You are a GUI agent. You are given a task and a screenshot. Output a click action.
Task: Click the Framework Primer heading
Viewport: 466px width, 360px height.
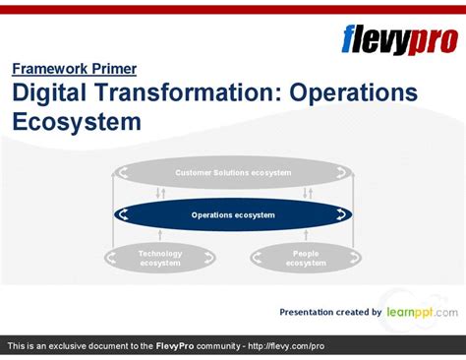pos(74,69)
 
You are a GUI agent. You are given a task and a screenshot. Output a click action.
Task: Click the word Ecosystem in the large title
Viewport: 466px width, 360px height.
pos(77,122)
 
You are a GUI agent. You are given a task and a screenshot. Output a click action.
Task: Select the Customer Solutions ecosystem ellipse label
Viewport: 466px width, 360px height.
pos(233,173)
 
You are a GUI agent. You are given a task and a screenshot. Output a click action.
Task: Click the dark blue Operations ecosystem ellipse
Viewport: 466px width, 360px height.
pos(233,214)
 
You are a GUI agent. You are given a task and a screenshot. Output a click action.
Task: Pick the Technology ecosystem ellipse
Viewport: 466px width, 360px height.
pos(160,258)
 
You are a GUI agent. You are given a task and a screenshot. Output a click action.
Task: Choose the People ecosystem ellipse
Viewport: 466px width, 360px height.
pos(306,258)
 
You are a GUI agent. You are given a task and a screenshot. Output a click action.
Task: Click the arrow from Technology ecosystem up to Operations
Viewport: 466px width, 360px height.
pos(160,235)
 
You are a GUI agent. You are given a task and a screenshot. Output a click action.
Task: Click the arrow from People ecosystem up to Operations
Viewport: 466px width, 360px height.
pos(306,235)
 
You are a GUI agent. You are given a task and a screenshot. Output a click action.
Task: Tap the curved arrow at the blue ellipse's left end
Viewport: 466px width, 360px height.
pos(123,214)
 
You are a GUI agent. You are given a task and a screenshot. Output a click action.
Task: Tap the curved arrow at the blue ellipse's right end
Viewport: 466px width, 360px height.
pos(343,214)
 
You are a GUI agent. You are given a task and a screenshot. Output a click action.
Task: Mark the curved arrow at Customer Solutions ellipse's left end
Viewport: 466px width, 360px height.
pos(123,173)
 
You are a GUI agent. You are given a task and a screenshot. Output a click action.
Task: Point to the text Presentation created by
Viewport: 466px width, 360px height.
pos(330,312)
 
